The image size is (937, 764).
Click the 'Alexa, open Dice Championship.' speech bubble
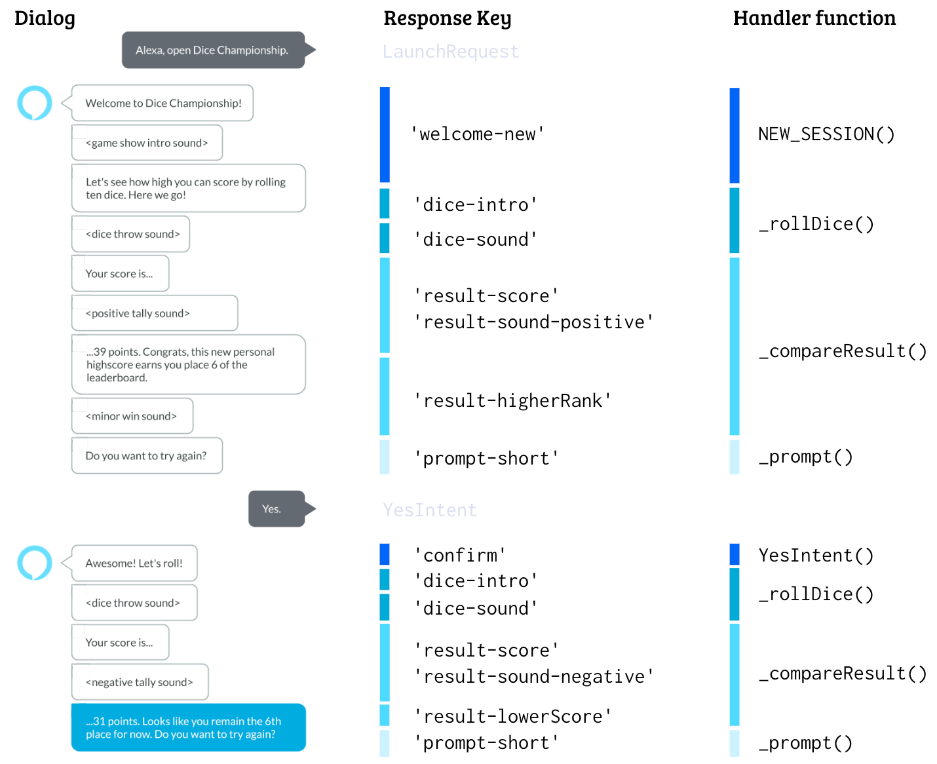tap(212, 50)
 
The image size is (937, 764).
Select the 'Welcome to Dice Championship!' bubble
tap(163, 103)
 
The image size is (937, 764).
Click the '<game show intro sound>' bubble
tap(147, 143)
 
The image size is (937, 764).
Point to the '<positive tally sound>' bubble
tap(154, 313)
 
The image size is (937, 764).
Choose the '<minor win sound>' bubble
tap(132, 416)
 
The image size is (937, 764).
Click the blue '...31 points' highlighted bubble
tap(188, 727)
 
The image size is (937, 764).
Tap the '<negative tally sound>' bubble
tap(140, 682)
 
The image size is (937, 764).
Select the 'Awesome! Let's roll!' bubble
tap(134, 563)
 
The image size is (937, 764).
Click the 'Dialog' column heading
tap(45, 18)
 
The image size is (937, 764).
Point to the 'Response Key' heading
tap(447, 18)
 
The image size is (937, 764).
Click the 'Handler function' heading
tap(814, 18)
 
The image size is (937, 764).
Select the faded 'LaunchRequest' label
tap(451, 51)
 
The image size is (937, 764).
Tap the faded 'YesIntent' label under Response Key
tap(430, 510)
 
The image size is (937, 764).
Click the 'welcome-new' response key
tap(478, 134)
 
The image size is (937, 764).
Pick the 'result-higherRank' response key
tap(512, 400)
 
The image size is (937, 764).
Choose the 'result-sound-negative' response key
tap(534, 676)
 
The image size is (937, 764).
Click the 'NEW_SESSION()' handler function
tap(826, 134)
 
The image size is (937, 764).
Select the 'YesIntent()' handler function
tap(816, 556)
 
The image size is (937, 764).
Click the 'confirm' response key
tap(460, 556)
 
